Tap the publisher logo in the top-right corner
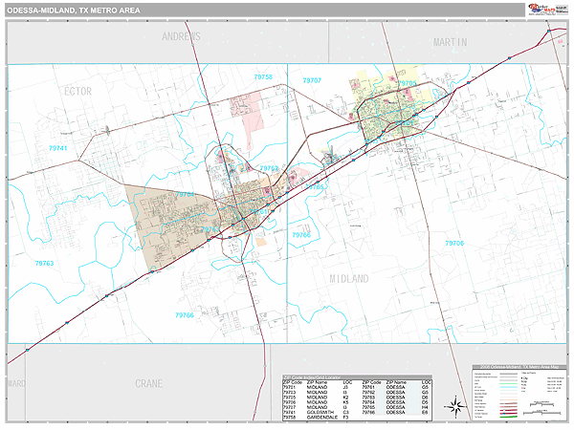tap(545, 10)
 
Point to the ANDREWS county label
tap(182, 37)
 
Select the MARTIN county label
tap(450, 43)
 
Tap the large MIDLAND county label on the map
tap(348, 278)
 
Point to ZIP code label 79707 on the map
tap(311, 80)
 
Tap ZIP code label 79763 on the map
tap(45, 263)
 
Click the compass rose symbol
tap(457, 406)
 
